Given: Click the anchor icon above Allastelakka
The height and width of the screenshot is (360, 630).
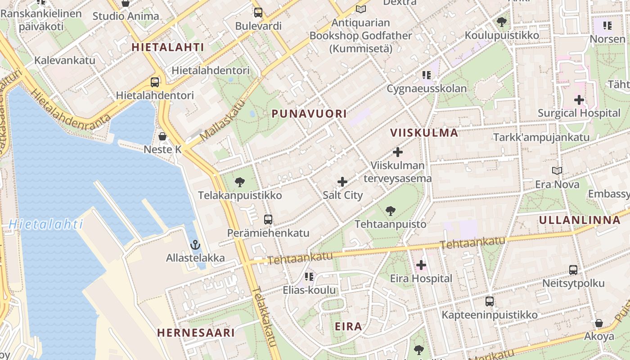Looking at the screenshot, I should point(195,245).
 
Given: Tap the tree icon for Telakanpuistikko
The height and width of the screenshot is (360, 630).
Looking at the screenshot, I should point(240,182).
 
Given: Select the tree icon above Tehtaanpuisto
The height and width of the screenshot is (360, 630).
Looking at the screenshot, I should point(391,211).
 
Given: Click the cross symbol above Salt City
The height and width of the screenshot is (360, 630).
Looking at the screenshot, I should point(342,182).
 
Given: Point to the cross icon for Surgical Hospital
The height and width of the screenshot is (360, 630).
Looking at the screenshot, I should point(579,100).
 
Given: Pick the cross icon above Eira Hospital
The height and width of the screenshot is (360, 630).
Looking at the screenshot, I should point(421,265).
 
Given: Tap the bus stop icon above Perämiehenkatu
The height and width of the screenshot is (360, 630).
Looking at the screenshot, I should point(268,220).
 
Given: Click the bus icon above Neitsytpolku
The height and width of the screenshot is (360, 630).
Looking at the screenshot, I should point(573,270).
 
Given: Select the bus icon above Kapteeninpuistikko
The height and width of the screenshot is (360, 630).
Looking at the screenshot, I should point(490,301).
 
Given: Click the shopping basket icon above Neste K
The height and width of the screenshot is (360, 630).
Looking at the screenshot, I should point(162,136).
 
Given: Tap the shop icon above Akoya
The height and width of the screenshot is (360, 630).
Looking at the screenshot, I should point(599,323).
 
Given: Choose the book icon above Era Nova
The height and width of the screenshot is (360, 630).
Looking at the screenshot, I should point(557,171).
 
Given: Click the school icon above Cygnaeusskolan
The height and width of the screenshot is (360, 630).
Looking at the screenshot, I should point(426,75).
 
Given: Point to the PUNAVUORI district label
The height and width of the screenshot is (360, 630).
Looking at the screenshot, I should point(309,114).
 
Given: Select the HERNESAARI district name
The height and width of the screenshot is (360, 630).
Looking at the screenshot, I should point(196,333).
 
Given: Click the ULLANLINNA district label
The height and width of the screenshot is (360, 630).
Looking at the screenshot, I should point(580,220).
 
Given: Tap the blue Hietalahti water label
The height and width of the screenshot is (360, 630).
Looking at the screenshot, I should point(46,224).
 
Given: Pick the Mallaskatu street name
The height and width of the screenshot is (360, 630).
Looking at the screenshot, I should point(222,120).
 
